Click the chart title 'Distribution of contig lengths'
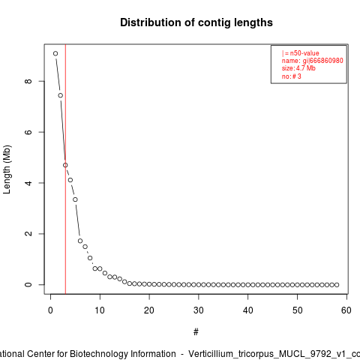196,22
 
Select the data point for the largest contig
55,53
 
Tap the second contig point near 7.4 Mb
61,95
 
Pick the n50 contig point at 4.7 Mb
65,165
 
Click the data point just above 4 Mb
70,180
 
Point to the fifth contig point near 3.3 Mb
75,199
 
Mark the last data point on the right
337,285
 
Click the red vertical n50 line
65,169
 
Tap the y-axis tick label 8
28,81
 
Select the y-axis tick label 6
28,132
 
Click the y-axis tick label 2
28,234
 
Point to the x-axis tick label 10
100,310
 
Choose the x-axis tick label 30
199,310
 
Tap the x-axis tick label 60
346,310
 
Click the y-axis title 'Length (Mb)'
7,169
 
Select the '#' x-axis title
196,332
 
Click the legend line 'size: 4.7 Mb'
298,68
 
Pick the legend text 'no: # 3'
292,76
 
